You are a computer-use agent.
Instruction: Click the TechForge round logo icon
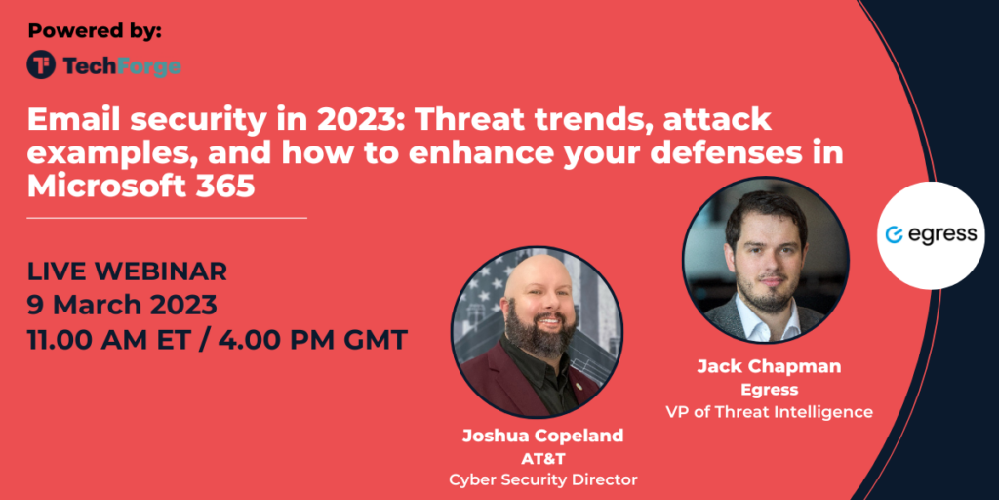point(41,65)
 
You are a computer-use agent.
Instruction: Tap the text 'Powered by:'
point(95,30)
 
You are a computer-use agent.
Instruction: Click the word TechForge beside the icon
point(122,65)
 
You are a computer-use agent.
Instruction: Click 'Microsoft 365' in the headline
point(140,186)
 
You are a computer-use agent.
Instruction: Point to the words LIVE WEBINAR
point(127,271)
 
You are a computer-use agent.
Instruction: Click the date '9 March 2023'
point(122,306)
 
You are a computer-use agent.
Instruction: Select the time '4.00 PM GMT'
point(313,339)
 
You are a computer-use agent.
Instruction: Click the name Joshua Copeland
point(542,437)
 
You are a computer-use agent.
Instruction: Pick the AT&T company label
point(542,459)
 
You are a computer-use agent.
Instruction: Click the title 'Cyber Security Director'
point(542,479)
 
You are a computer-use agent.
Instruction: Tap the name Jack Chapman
point(769,367)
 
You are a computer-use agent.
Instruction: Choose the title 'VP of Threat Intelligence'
point(769,412)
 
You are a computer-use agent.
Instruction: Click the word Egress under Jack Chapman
point(769,389)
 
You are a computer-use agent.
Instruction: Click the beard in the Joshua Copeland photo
point(540,332)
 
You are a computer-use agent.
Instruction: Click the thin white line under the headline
point(167,218)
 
